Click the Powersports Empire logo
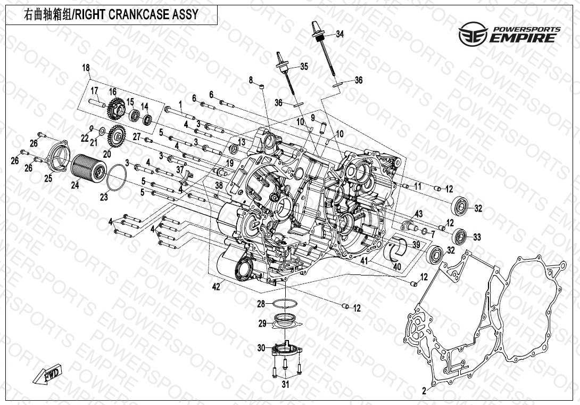click(x=509, y=34)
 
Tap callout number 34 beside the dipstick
click(x=339, y=34)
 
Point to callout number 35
click(x=304, y=67)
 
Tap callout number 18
click(x=86, y=67)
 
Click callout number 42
click(x=216, y=287)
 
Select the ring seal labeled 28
click(x=285, y=304)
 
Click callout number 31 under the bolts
click(x=286, y=384)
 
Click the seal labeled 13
click(x=234, y=148)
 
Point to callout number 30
click(x=261, y=348)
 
